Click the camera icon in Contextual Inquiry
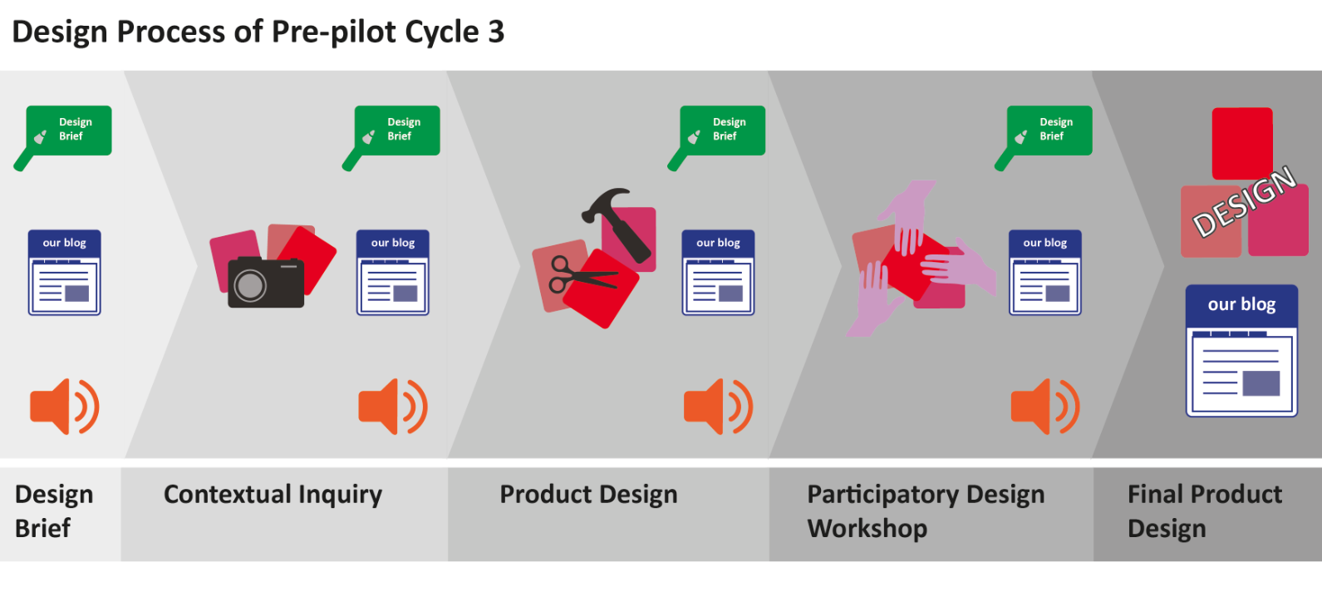tap(266, 283)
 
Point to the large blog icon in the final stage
tap(1241, 351)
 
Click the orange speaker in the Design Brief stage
tap(65, 407)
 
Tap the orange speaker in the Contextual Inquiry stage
tap(393, 407)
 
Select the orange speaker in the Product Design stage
tap(718, 407)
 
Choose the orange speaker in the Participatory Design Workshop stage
tap(1045, 407)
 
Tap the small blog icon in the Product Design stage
tap(718, 273)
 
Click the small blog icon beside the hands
tap(1045, 273)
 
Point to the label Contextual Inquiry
tap(273, 495)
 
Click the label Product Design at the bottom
tap(588, 495)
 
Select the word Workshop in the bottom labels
tap(867, 528)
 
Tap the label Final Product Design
tap(1205, 511)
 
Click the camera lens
tap(250, 285)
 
